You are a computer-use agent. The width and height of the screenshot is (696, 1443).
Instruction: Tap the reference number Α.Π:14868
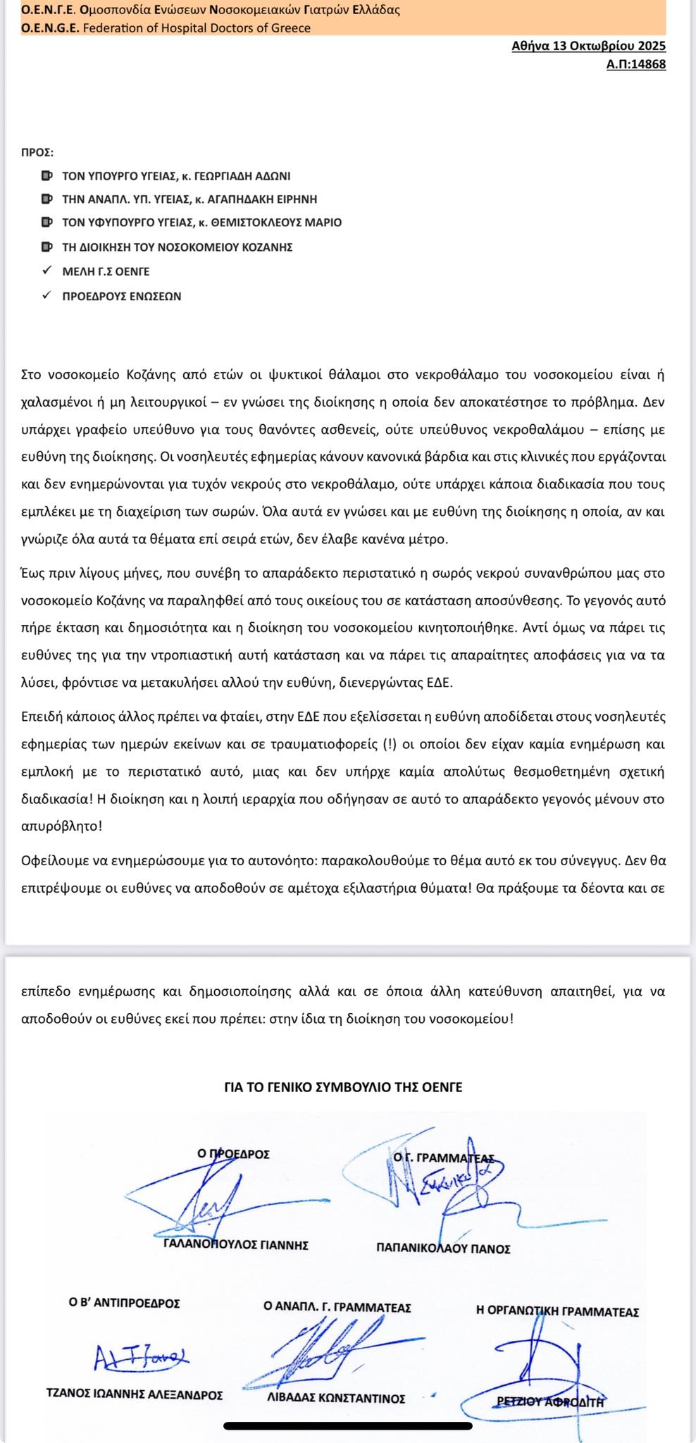635,65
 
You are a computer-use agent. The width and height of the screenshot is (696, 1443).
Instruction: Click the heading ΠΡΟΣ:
37,152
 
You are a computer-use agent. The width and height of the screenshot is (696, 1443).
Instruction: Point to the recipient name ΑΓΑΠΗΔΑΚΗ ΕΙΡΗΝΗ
273,199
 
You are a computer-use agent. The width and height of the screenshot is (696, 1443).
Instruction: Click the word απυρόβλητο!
62,826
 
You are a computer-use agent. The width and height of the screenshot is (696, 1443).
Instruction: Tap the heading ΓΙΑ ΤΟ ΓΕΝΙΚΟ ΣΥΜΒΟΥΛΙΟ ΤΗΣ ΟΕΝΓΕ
343,1087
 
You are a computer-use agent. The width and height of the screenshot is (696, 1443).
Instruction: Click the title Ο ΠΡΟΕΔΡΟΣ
234,1154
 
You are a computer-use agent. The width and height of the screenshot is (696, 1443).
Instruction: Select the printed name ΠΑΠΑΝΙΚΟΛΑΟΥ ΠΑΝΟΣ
443,1249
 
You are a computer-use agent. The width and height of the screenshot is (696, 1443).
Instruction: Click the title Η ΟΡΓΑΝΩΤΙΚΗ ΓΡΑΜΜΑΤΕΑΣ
557,1312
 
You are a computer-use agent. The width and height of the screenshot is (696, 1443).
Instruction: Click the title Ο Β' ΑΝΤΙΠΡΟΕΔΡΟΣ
124,1303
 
